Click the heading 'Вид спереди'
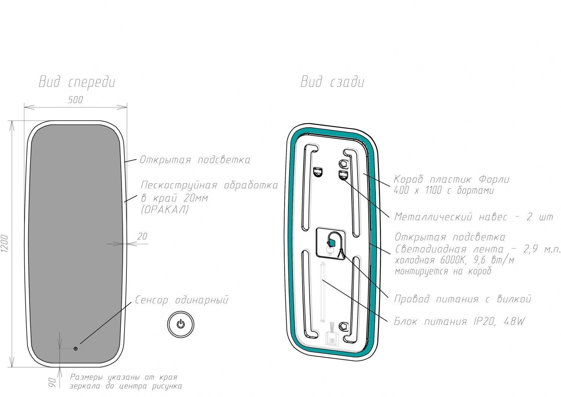[77, 82]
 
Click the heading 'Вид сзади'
[332, 82]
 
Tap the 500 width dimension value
[76, 100]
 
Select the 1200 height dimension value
[5, 243]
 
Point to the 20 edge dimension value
[142, 236]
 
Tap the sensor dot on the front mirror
[76, 349]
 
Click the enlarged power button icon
[181, 324]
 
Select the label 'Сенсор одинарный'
[182, 300]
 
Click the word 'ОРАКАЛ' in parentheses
[165, 209]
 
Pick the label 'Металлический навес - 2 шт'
[473, 217]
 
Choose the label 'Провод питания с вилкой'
[463, 299]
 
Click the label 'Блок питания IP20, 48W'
[459, 321]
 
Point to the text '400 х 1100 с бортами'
[444, 190]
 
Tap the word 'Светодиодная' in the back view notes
[431, 249]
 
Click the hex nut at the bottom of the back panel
[343, 327]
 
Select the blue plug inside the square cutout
[332, 243]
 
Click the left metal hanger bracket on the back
[318, 172]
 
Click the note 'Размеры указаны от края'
[123, 377]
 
